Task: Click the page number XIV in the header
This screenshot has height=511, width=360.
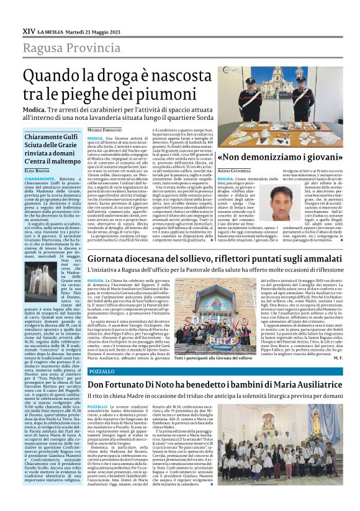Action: [x=29, y=30]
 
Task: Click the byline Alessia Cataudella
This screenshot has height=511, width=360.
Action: [x=233, y=170]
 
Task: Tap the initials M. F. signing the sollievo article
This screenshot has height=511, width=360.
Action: [x=336, y=358]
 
